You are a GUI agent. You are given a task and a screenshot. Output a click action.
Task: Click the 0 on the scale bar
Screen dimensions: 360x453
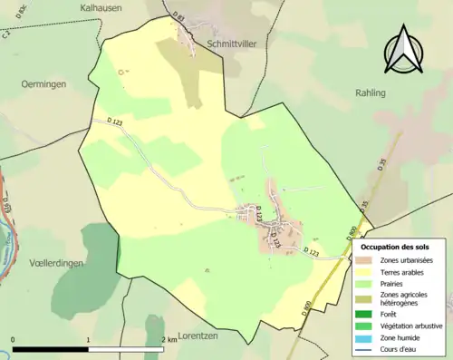[13, 340]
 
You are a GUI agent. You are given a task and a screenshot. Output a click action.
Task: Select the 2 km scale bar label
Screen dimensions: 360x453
[168, 340]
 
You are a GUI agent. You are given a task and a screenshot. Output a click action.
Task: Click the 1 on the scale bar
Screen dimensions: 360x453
[88, 340]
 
